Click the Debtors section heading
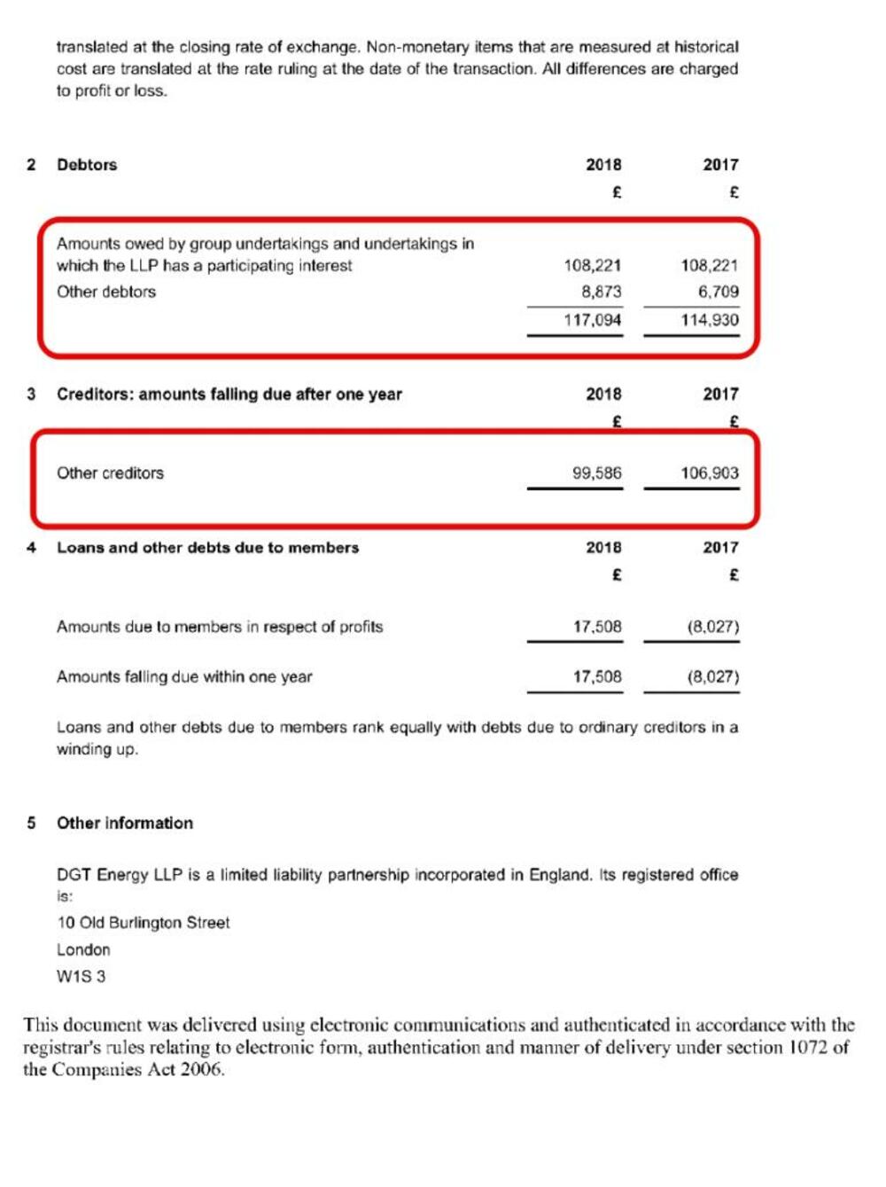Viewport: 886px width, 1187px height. tap(87, 165)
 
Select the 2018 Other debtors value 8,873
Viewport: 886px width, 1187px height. tap(602, 292)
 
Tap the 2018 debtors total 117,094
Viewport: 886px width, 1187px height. tap(593, 320)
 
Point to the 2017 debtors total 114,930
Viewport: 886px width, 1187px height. tap(710, 320)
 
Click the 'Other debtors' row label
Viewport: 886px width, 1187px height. tap(106, 292)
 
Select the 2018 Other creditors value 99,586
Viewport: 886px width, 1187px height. tap(597, 473)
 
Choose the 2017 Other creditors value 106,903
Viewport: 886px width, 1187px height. tap(710, 473)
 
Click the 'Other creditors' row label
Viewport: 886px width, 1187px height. tap(111, 473)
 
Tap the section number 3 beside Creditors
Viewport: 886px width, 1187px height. tap(32, 394)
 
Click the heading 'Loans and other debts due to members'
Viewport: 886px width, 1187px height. tap(208, 548)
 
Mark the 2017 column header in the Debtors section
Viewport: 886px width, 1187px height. tap(720, 165)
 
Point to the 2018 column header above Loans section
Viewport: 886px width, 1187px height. tap(603, 548)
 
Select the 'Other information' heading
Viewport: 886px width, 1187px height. tap(125, 824)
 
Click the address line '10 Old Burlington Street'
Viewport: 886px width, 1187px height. tap(144, 923)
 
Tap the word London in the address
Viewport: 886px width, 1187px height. tap(83, 949)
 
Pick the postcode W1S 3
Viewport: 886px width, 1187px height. tap(82, 977)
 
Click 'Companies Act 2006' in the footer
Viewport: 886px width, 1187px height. tap(137, 1070)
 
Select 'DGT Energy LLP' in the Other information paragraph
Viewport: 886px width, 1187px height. tap(119, 875)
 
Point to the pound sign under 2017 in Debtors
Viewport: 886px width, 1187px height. tap(734, 192)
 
